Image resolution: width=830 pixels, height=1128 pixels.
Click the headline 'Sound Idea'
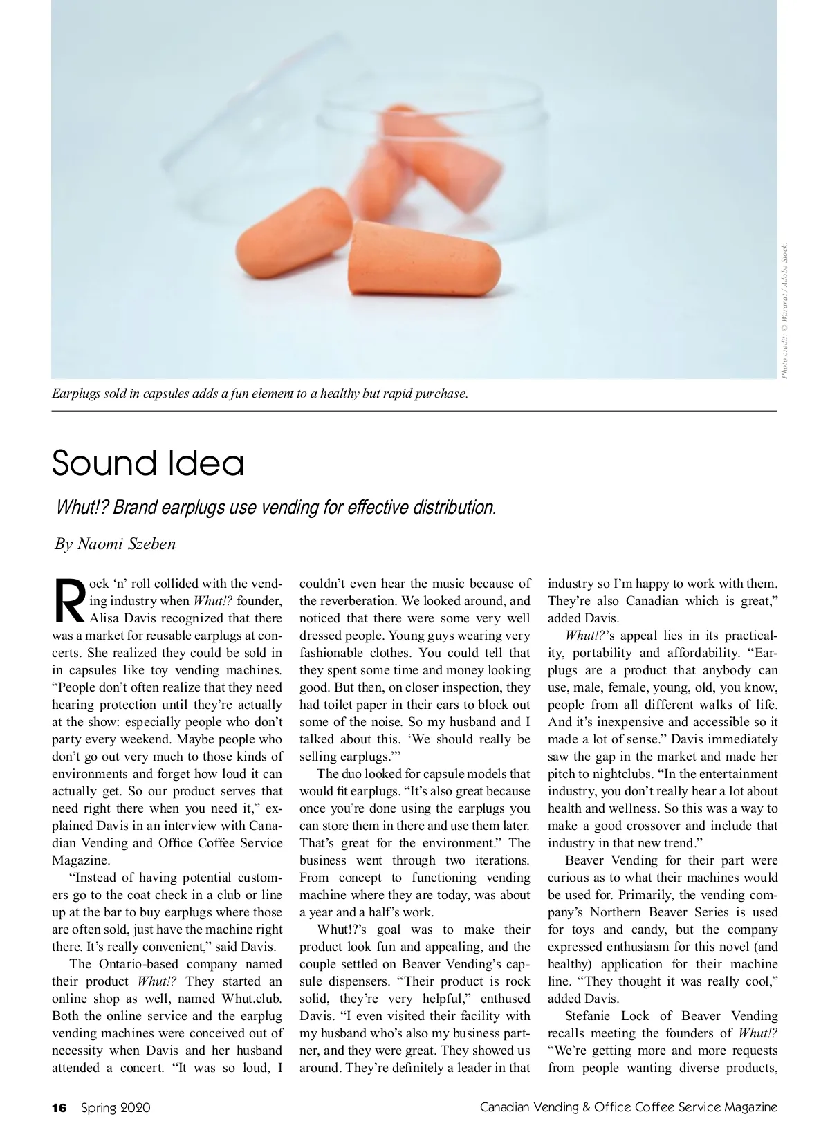point(148,463)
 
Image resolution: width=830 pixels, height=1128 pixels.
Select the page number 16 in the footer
point(59,1108)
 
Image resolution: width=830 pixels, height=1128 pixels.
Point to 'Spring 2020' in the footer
point(116,1108)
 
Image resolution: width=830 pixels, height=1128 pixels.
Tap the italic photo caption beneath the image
point(260,394)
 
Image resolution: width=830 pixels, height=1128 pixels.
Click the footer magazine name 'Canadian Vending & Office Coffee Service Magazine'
point(629,1108)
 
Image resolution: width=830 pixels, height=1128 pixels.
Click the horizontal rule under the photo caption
point(414,411)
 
